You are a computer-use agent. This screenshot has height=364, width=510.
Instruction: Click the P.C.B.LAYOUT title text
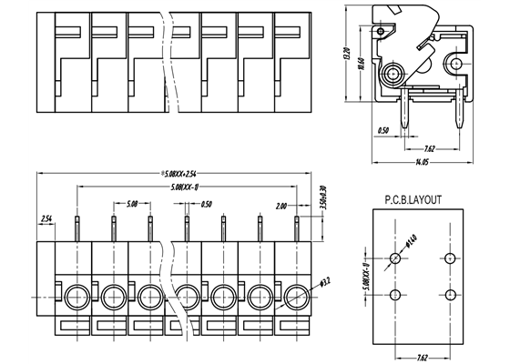point(413,197)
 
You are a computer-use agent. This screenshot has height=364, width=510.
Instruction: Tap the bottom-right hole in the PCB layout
point(451,293)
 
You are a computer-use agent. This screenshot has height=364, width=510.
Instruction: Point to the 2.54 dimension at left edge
point(46,218)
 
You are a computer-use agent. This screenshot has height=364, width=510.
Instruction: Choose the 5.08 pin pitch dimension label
point(133,204)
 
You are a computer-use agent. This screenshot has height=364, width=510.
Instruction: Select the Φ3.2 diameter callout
point(325,288)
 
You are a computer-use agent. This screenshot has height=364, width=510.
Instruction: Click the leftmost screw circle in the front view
point(75,295)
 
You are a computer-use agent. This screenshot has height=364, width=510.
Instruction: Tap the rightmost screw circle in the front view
point(296,295)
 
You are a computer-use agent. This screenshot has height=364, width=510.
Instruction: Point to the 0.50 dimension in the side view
point(384,130)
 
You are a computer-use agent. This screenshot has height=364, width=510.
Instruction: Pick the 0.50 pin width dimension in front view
point(206,204)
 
